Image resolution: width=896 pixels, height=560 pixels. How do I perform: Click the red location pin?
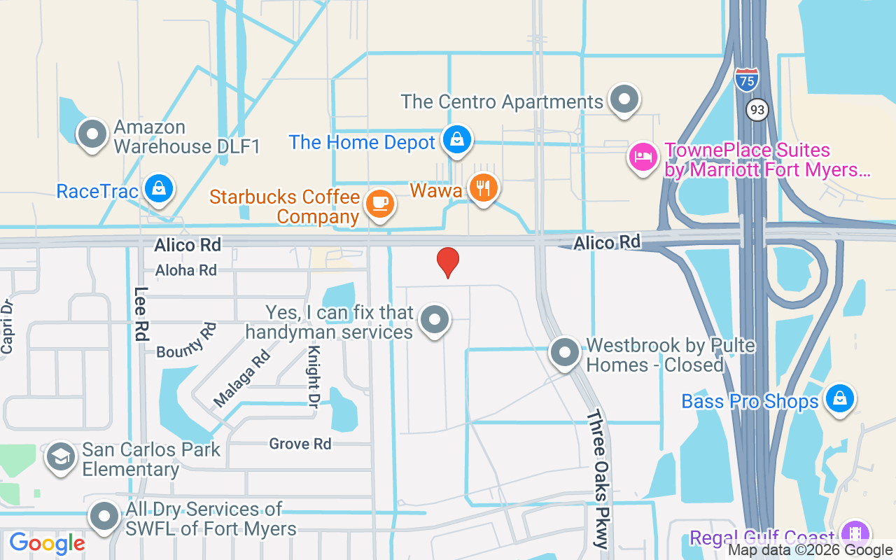[448, 262]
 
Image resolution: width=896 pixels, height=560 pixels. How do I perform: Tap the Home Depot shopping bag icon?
[456, 140]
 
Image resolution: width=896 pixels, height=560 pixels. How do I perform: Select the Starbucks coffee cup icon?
[380, 204]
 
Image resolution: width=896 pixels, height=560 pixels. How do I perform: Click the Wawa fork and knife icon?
[483, 188]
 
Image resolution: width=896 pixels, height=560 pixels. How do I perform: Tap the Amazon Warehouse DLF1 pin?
[91, 134]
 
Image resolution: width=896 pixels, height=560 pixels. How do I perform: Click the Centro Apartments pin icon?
[623, 99]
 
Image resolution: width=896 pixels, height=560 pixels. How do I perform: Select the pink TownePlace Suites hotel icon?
[642, 157]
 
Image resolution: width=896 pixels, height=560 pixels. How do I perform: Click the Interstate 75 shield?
[747, 79]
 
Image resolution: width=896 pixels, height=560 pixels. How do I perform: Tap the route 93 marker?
[757, 110]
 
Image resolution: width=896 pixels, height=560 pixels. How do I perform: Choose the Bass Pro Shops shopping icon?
[839, 399]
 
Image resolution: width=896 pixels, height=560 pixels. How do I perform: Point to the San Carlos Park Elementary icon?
[60, 457]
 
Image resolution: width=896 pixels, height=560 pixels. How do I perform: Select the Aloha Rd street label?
[186, 270]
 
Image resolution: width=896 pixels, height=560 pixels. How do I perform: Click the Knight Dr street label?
[313, 375]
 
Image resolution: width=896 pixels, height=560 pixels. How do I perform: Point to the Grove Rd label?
[300, 444]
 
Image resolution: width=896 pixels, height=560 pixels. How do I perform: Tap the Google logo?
[47, 543]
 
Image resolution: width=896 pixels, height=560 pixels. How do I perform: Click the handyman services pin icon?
[435, 320]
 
